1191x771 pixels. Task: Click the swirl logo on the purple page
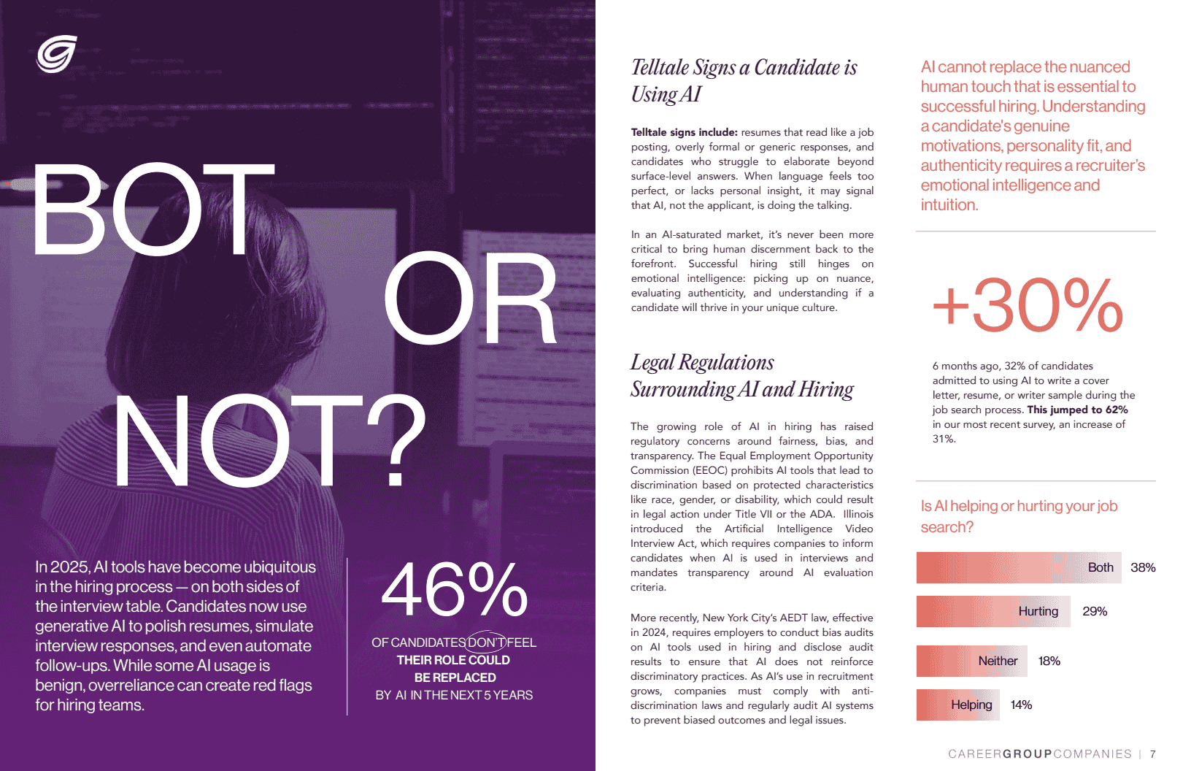click(x=57, y=54)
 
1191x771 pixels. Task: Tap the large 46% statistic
click(x=454, y=590)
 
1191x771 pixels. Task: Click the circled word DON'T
click(x=486, y=642)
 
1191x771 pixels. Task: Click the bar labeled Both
click(x=1018, y=567)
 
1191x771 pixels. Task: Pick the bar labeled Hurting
click(x=993, y=611)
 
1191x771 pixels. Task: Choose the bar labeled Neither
click(x=971, y=661)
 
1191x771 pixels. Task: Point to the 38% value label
click(x=1143, y=567)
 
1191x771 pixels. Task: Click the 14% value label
click(x=1021, y=705)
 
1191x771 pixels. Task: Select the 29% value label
click(x=1095, y=611)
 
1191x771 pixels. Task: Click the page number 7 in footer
click(x=1153, y=754)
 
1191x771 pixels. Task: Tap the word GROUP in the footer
click(x=1028, y=754)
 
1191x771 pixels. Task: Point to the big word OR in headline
click(x=470, y=300)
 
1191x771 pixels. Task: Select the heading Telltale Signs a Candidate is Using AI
click(x=744, y=80)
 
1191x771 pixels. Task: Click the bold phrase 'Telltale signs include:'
click(x=684, y=132)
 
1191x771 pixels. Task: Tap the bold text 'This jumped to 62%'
click(x=1077, y=410)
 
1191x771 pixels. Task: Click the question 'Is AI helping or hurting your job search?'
click(x=1019, y=516)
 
